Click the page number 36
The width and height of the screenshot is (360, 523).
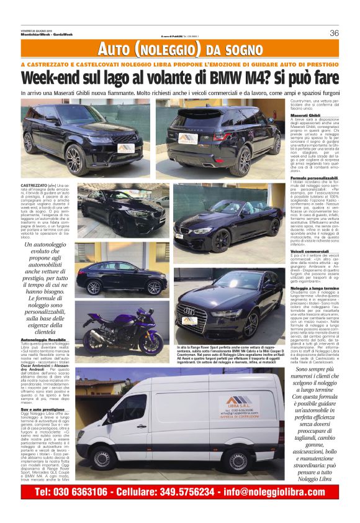click(x=334, y=33)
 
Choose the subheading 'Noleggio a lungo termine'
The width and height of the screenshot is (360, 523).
click(x=314, y=289)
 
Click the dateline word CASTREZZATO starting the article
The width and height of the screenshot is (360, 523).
click(x=34, y=186)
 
